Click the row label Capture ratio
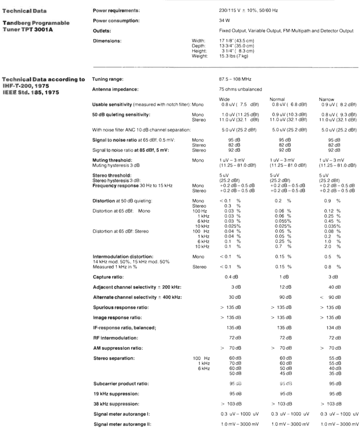coord(108,276)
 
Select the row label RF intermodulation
coord(115,337)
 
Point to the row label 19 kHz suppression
coord(115,393)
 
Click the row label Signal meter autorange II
coord(121,424)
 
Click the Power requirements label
coord(116,10)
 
